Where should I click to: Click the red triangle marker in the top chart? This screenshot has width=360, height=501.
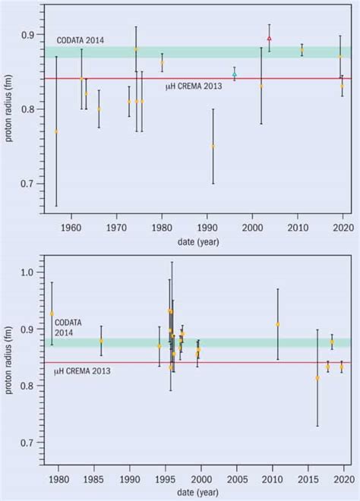pos(269,38)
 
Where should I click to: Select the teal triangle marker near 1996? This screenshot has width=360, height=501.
pos(234,74)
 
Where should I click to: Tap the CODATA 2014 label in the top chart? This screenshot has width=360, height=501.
pos(80,40)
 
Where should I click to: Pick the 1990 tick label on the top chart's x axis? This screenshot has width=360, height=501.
pos(207,227)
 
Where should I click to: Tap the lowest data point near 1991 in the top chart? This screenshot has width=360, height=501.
pos(213,147)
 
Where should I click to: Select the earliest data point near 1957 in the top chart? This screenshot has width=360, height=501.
pos(56,131)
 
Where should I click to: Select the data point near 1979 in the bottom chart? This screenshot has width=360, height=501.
pos(52,314)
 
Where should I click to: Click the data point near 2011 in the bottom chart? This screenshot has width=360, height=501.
pos(277,324)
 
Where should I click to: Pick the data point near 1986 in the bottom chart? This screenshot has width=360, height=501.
pos(101,341)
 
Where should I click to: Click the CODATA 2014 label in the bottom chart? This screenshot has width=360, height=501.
pos(67,327)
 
